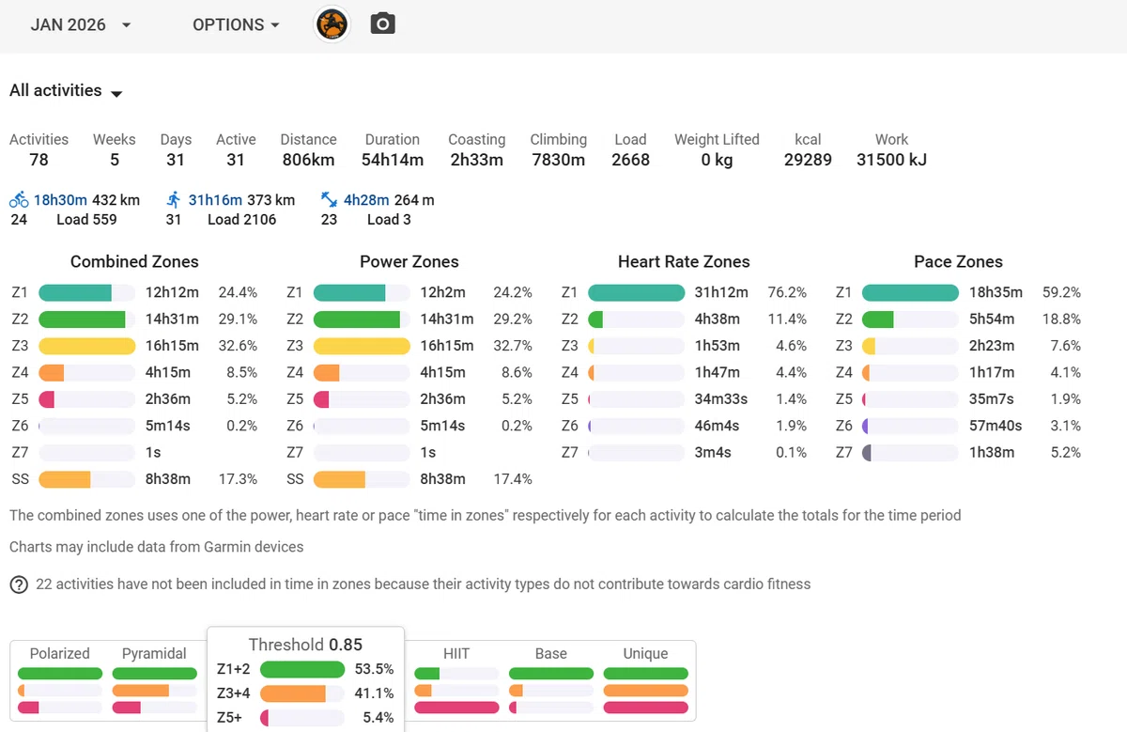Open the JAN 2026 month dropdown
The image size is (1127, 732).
[81, 24]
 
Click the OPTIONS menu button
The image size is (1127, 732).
[236, 24]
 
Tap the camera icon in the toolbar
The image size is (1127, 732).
[383, 23]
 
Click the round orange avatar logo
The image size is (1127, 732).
[332, 24]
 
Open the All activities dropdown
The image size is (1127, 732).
[66, 91]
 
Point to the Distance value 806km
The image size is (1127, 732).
[308, 160]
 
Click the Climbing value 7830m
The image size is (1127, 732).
[559, 160]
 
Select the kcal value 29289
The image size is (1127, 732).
[808, 160]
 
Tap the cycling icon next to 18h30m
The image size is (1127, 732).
[19, 200]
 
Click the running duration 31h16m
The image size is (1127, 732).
[215, 200]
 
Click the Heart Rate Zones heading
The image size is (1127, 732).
[684, 262]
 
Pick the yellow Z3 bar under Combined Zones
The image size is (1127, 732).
[87, 346]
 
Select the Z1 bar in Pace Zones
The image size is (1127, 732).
[910, 292]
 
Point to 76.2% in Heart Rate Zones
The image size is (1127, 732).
[787, 292]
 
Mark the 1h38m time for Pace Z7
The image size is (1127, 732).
[992, 453]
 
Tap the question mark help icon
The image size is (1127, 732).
[19, 584]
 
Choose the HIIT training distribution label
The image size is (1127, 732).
[456, 653]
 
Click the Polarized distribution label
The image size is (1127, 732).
[60, 653]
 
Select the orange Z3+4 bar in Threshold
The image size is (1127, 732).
[293, 693]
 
